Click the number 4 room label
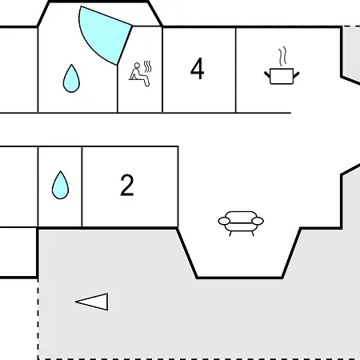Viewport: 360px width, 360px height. (x=198, y=69)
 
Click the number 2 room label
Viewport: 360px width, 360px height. (x=127, y=185)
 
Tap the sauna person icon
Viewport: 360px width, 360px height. (x=140, y=74)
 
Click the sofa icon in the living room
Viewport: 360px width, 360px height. (x=241, y=223)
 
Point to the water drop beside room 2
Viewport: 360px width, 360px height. (x=60, y=185)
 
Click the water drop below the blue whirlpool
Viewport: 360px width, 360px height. (x=71, y=78)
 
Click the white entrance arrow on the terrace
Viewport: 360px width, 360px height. (x=92, y=302)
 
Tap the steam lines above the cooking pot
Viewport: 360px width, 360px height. (x=282, y=57)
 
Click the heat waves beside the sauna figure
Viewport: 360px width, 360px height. (x=147, y=66)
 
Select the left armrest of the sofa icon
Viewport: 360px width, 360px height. (x=224, y=221)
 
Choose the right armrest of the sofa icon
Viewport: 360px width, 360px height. (x=258, y=221)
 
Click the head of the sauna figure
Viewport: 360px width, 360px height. (x=137, y=66)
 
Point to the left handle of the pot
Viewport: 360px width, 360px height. (x=267, y=74)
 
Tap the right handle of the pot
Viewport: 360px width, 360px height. (x=296, y=75)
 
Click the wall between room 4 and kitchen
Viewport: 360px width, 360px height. (x=236, y=70)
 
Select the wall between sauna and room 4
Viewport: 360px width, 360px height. (x=162, y=70)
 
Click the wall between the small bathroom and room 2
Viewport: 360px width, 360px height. (x=82, y=186)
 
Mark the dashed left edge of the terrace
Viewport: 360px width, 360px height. (x=38, y=319)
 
